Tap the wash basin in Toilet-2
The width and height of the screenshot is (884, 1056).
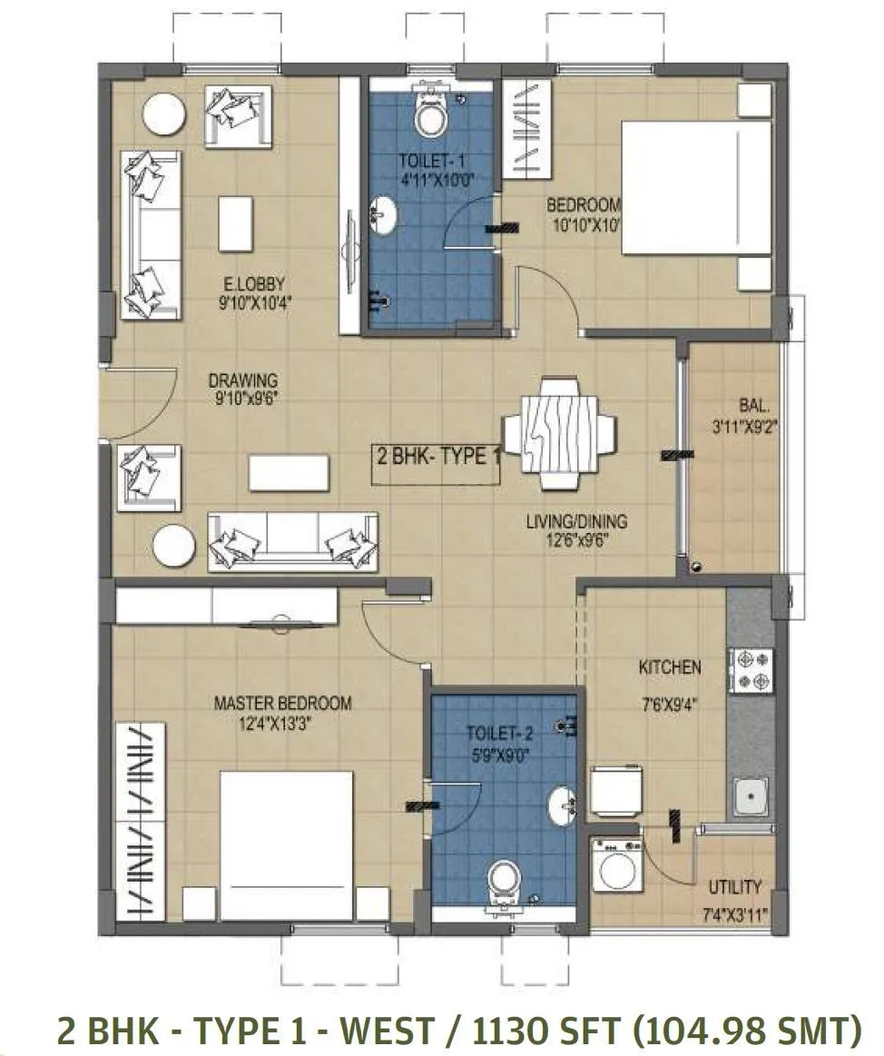[x=563, y=804]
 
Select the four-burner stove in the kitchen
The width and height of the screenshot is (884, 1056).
[x=751, y=671]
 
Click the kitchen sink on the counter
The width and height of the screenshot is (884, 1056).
[x=751, y=799]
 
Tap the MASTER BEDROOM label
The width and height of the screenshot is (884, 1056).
[x=282, y=703]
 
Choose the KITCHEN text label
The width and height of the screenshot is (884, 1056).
[x=670, y=667]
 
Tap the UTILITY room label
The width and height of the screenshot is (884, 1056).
[x=735, y=887]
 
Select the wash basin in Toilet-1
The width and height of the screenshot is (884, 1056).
[x=383, y=218]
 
